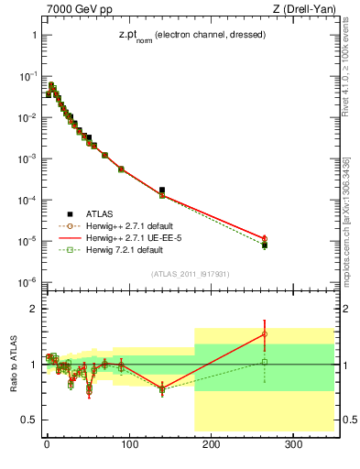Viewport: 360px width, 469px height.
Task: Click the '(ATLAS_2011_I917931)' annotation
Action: [189, 273]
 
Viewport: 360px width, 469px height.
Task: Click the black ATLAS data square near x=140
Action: [162, 191]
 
